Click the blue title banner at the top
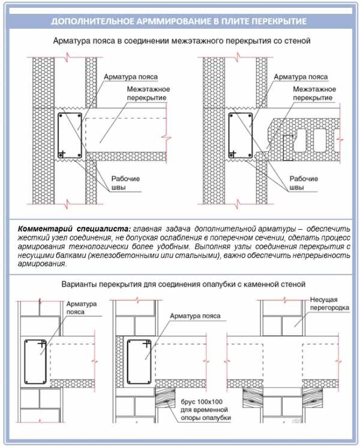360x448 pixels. [x=179, y=22]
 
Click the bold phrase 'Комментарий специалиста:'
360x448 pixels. [x=74, y=230]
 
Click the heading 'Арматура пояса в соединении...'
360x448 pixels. [x=179, y=42]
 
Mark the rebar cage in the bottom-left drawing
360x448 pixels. [x=35, y=362]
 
